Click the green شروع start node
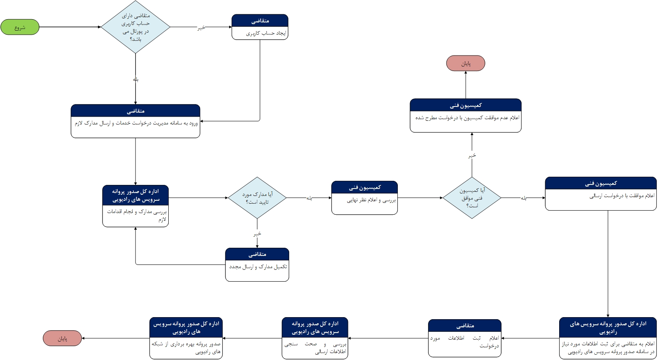[20, 27]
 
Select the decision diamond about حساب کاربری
[136, 27]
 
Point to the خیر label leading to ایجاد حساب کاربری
[201, 28]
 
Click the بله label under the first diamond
[136, 80]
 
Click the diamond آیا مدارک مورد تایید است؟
[257, 198]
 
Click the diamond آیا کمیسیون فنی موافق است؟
[472, 198]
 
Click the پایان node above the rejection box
[466, 63]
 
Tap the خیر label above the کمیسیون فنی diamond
[472, 156]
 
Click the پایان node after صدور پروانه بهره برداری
[62, 338]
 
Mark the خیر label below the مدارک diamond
[257, 234]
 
